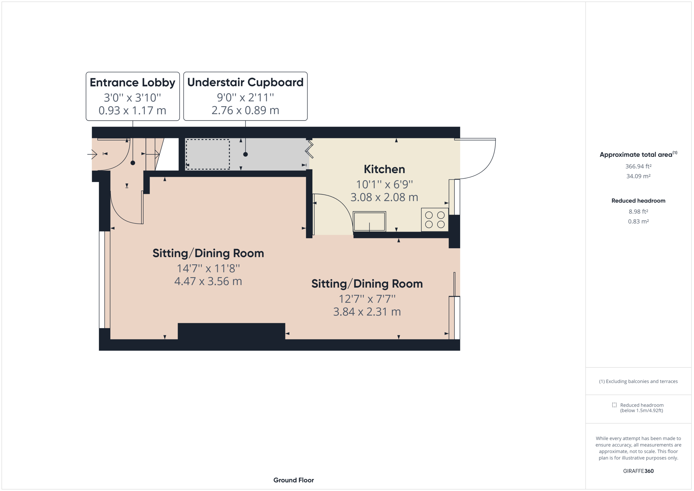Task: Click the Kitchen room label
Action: (384, 169)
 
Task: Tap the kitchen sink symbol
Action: (370, 221)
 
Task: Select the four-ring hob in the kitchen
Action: (435, 220)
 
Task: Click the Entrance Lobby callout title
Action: (132, 82)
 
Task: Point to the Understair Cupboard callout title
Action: (245, 82)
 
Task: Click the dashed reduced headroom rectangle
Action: (208, 154)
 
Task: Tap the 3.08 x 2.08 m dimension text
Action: (384, 197)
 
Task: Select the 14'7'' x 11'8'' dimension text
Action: (208, 268)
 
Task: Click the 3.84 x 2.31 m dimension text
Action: (367, 312)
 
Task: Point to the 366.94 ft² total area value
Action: (638, 166)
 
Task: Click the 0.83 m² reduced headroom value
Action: (638, 221)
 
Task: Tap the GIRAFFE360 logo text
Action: (638, 471)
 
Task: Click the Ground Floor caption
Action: (294, 480)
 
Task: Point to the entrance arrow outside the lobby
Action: (92, 154)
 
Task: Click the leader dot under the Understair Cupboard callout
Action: (245, 155)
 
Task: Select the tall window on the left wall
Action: (104, 280)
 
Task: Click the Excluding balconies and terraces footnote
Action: (638, 381)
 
